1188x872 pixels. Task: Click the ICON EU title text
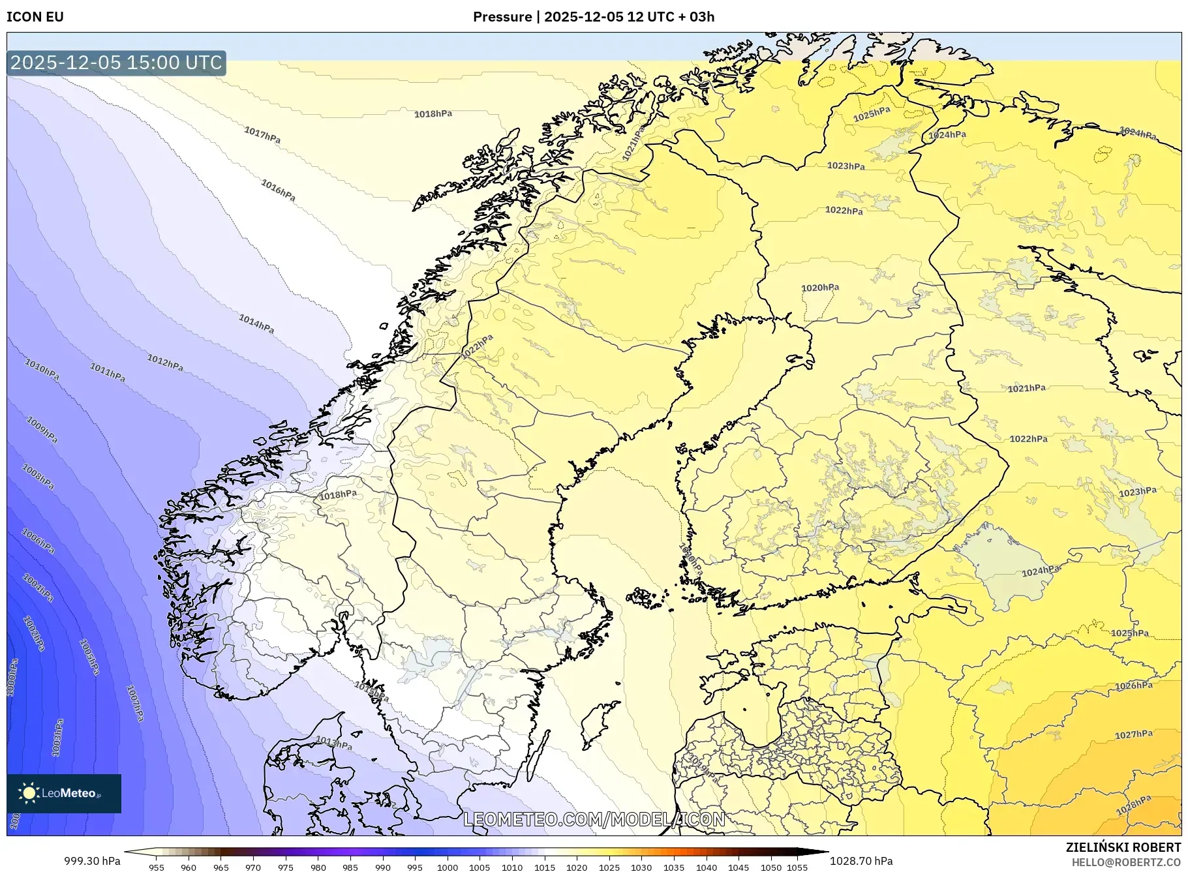(35, 17)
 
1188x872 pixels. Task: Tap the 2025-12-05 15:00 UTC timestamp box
(117, 63)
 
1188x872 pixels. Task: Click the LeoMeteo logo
(64, 793)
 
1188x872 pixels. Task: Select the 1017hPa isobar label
(262, 135)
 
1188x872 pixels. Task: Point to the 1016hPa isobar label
(278, 190)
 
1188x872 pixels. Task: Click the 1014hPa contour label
(256, 323)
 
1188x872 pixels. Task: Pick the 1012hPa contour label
(165, 363)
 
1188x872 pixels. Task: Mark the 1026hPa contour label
(1133, 685)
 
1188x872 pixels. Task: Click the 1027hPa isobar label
(1133, 734)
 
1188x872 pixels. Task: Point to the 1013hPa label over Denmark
(333, 743)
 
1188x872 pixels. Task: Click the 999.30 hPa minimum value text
(92, 861)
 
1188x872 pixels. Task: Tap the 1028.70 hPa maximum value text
(861, 861)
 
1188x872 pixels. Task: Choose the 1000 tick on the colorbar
(448, 867)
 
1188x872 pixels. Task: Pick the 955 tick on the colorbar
(156, 867)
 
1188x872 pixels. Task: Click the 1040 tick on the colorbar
(706, 867)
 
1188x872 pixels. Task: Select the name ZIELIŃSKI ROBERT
(1123, 847)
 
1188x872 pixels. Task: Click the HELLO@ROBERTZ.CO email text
(1126, 862)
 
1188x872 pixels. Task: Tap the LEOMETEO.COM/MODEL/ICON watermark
(594, 819)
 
